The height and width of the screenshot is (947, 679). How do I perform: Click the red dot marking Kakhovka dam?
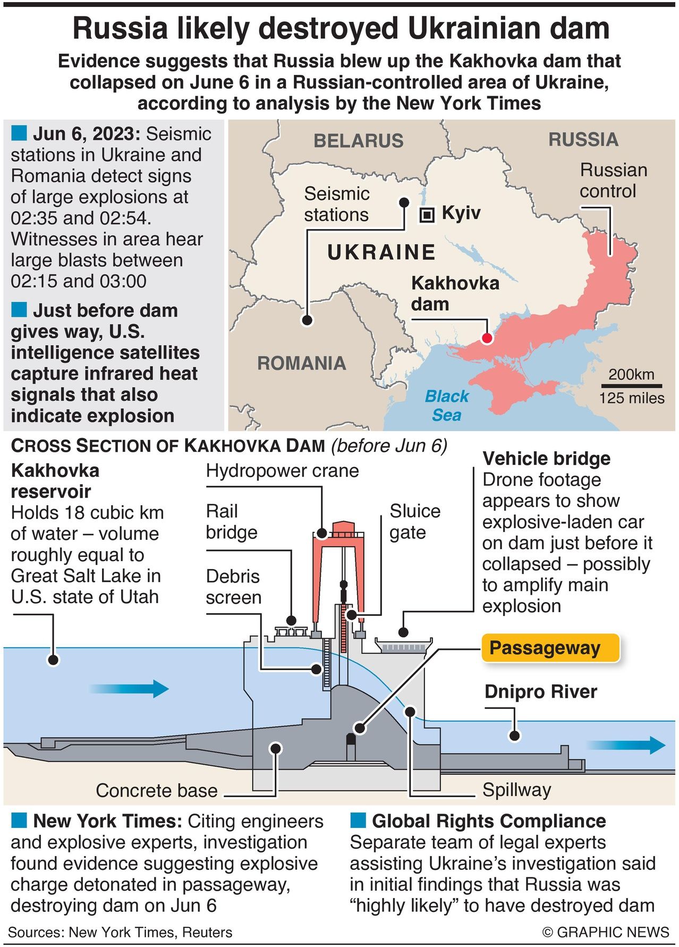click(487, 338)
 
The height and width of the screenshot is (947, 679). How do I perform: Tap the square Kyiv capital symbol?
click(427, 215)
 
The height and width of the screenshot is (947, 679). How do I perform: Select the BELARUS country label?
click(359, 141)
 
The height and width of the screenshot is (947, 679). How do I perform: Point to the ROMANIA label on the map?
click(301, 363)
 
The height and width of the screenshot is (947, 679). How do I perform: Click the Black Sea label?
click(447, 405)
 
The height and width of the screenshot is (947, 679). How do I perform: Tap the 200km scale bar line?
click(632, 386)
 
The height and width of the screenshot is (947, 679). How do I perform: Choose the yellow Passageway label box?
click(550, 648)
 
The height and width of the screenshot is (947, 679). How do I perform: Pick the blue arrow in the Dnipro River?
click(627, 745)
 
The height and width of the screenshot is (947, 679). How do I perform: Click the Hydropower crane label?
click(282, 471)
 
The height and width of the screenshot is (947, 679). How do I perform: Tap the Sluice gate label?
click(415, 521)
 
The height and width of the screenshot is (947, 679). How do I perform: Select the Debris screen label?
click(233, 587)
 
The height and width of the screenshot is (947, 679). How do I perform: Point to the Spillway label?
click(516, 790)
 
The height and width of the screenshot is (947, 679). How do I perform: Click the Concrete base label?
click(157, 790)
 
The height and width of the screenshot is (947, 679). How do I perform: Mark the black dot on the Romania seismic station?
click(307, 320)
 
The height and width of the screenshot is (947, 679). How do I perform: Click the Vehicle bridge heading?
click(546, 459)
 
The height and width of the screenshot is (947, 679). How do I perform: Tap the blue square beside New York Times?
click(19, 821)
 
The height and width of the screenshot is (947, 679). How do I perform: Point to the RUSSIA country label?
click(583, 140)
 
